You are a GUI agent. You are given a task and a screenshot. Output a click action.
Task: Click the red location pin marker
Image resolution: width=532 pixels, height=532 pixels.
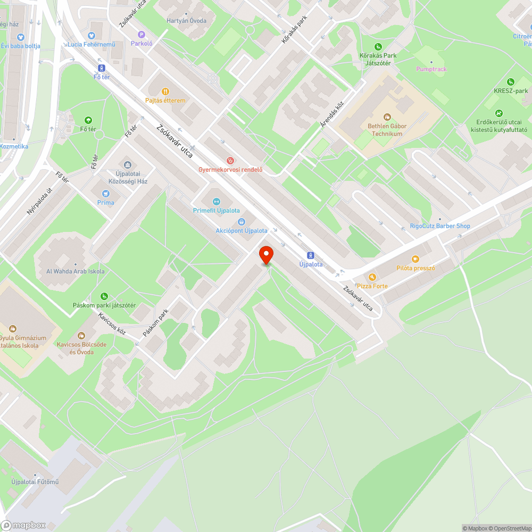coord(265,255)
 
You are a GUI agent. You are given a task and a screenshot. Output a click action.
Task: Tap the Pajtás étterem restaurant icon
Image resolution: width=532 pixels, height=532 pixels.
coord(165,91)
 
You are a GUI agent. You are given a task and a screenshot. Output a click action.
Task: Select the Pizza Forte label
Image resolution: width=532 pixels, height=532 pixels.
coord(372,286)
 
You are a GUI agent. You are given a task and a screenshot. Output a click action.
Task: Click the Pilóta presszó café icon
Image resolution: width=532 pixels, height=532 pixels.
coord(415,259)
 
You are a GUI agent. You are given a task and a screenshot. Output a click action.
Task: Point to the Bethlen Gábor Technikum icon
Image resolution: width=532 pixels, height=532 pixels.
coord(387,117)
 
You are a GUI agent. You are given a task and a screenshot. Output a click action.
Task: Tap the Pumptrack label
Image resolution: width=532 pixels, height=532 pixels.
coord(431,69)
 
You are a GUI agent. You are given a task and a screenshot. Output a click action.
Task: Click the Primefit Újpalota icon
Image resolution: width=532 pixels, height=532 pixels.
coord(216,201)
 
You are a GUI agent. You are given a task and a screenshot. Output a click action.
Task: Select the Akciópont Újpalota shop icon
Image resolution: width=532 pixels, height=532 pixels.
coord(242,221)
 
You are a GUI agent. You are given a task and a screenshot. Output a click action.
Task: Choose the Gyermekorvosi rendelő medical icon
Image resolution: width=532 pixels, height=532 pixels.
coord(230,160)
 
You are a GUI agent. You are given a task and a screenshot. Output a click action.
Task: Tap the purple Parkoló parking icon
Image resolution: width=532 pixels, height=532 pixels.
coord(142,34)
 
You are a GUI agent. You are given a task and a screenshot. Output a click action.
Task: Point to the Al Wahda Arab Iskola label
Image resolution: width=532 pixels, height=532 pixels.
coord(76,271)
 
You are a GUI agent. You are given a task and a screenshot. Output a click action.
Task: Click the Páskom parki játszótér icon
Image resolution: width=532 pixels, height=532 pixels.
coord(104,296)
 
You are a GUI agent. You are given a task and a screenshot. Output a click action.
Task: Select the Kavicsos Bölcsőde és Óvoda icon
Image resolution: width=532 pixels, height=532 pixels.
coord(81,335)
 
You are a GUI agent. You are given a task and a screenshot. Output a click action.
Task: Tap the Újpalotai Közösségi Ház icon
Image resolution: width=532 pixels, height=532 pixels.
coord(127,164)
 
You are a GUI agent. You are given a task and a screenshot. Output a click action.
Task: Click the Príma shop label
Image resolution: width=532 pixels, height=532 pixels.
coord(105,203)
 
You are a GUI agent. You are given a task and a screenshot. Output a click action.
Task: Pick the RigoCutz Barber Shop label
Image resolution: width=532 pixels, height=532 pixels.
coord(440,226)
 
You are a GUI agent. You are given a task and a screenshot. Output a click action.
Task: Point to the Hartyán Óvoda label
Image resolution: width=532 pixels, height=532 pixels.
coord(186,21)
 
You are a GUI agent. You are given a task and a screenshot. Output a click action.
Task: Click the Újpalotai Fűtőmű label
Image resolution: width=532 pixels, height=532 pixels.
coord(35,482)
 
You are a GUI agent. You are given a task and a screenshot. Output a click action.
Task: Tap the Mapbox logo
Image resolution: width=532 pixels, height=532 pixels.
coord(24,525)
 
